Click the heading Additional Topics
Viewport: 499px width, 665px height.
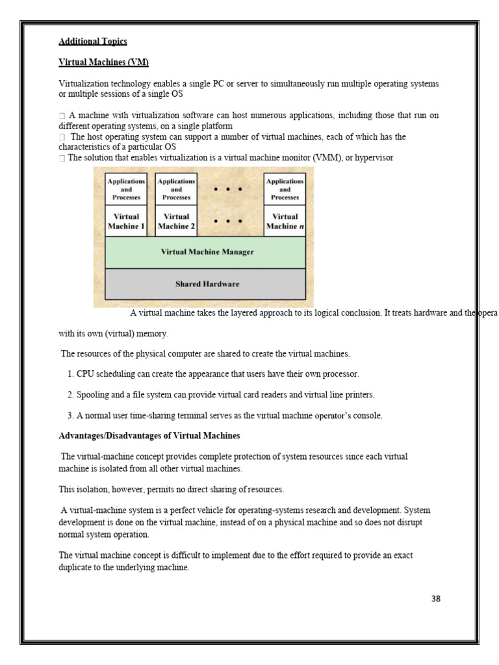click(93, 42)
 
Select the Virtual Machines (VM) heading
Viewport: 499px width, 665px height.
click(103, 62)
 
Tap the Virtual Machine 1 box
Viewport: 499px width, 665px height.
click(126, 221)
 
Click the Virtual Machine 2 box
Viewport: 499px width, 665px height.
click(176, 221)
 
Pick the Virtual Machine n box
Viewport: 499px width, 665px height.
click(285, 221)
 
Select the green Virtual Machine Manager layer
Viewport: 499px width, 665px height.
click(207, 252)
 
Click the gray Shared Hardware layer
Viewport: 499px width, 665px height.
click(207, 284)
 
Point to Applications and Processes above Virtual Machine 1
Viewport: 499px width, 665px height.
click(126, 189)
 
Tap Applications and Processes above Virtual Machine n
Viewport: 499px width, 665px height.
click(285, 189)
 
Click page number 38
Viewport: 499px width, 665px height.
click(435, 599)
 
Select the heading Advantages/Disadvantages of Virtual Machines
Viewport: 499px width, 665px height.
click(149, 435)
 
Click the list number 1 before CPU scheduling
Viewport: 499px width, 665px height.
click(70, 375)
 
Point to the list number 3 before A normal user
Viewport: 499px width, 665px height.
click(70, 416)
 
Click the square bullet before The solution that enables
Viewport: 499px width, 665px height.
click(62, 158)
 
